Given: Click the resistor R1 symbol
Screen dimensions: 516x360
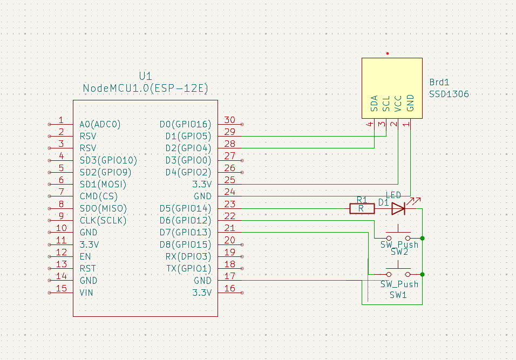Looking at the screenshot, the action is pos(362,209).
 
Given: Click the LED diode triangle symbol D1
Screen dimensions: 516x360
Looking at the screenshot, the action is pos(398,209).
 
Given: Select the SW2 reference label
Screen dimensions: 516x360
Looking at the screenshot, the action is pos(399,252).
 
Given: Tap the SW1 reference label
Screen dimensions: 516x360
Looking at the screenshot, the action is pos(398,295).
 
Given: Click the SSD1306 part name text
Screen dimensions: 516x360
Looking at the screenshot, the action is pos(449,94).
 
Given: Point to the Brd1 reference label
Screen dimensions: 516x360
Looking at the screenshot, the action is pos(439,82).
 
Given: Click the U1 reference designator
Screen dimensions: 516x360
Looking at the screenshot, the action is pos(145,76).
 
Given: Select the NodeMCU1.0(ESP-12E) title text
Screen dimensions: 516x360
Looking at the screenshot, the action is pos(145,88).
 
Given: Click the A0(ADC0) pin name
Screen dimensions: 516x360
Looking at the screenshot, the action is pos(100,124).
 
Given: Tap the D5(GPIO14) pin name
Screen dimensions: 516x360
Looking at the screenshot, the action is pos(185,209).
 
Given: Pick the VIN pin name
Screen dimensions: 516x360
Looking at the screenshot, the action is pos(86,293).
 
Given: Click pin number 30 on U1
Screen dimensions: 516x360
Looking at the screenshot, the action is pos(230,120).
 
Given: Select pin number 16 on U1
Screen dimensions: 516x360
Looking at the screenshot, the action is pos(230,288).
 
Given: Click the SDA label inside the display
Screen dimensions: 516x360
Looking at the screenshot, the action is pos(374,103).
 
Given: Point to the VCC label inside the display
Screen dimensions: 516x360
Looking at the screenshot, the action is pos(398,104).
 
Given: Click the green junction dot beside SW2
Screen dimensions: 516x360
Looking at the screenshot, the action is pos(422,238).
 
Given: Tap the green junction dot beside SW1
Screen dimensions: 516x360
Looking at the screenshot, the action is pos(422,274).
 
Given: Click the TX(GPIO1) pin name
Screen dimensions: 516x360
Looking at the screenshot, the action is pos(189,269).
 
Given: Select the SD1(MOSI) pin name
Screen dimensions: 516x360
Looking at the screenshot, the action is pos(103,184).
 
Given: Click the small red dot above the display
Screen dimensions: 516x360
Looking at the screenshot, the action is pos(388,53).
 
